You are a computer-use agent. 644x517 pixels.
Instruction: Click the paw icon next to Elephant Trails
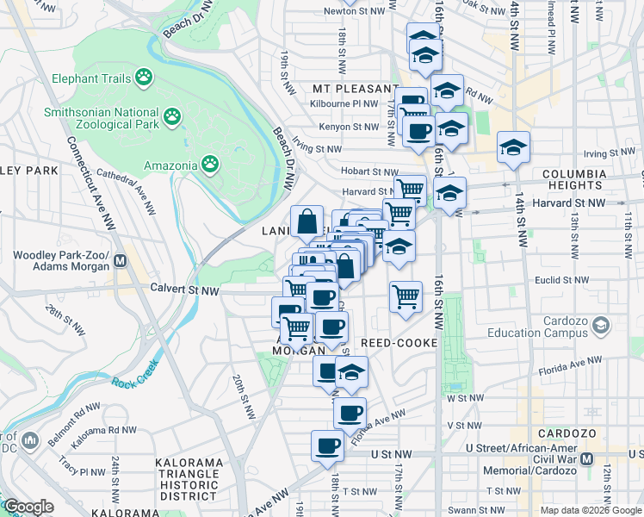(x=143, y=78)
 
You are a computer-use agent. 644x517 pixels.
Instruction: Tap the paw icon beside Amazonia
(x=210, y=163)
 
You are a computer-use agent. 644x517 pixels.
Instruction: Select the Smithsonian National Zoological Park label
(x=102, y=118)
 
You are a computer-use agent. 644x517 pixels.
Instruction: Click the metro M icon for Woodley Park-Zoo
(x=121, y=261)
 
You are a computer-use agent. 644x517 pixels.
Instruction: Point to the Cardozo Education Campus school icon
(x=600, y=326)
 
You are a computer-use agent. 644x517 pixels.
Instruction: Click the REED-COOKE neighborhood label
(x=399, y=343)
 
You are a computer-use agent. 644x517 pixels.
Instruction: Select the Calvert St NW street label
(x=184, y=290)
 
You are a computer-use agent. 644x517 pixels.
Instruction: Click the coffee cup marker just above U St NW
(x=327, y=446)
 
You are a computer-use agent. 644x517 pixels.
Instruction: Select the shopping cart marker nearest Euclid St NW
(x=406, y=297)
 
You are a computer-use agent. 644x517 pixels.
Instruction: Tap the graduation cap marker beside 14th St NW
(x=513, y=147)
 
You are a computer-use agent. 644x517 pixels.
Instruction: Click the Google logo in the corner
(x=28, y=507)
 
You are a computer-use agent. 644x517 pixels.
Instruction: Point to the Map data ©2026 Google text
(x=591, y=510)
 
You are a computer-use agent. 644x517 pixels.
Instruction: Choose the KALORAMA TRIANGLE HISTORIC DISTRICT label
(x=188, y=480)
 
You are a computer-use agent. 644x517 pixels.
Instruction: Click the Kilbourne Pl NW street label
(x=344, y=104)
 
